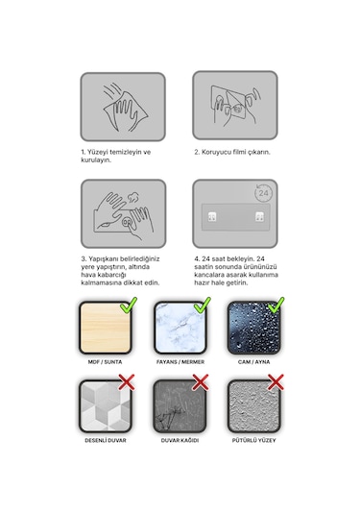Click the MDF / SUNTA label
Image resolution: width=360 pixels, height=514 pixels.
pyautogui.click(x=105, y=362)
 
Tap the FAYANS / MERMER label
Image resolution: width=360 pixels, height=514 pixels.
pyautogui.click(x=180, y=362)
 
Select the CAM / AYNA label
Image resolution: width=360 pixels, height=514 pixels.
pyautogui.click(x=253, y=362)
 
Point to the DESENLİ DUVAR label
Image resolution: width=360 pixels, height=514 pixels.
pyautogui.click(x=106, y=440)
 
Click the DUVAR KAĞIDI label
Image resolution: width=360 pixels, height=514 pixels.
pyautogui.click(x=180, y=440)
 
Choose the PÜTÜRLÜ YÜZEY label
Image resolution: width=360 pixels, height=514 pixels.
pyautogui.click(x=253, y=440)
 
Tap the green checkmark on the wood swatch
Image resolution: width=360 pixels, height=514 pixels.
pyautogui.click(x=129, y=306)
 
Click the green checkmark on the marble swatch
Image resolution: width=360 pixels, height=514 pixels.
pyautogui.click(x=203, y=306)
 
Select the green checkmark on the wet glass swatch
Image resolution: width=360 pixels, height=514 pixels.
pyautogui.click(x=276, y=306)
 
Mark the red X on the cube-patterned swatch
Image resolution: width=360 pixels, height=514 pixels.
pyautogui.click(x=127, y=382)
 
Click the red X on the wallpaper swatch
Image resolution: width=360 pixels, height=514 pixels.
pyautogui.click(x=201, y=382)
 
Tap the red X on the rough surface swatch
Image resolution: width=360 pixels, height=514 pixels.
pyautogui.click(x=276, y=382)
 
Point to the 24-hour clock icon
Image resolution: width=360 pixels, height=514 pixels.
pyautogui.click(x=263, y=193)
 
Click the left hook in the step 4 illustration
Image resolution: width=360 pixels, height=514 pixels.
pyautogui.click(x=212, y=217)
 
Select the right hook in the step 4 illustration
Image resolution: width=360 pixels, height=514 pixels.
pyautogui.click(x=260, y=217)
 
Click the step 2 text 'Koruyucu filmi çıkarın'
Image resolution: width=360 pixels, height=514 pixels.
pyautogui.click(x=235, y=152)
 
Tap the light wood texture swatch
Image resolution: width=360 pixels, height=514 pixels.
pyautogui.click(x=106, y=328)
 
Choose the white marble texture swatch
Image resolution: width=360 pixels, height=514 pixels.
pyautogui.click(x=180, y=328)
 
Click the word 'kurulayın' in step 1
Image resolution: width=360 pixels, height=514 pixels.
pyautogui.click(x=96, y=160)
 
